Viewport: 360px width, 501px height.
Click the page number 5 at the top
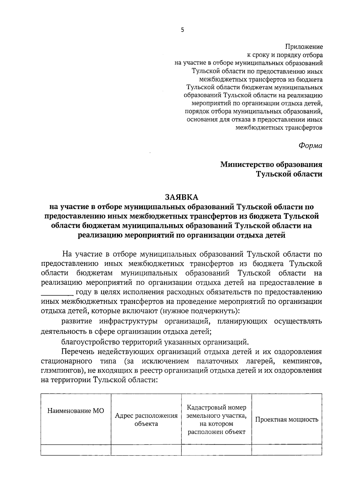pyautogui.click(x=182, y=30)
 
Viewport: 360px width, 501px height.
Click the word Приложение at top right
pyautogui.click(x=304, y=47)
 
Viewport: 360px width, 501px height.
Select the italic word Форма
pyautogui.click(x=310, y=145)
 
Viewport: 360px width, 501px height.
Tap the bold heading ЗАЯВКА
pyautogui.click(x=181, y=197)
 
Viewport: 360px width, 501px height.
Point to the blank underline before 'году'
pyautogui.click(x=57, y=292)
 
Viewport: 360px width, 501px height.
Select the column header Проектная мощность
pyautogui.click(x=286, y=419)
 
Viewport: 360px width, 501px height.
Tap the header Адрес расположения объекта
pyautogui.click(x=146, y=419)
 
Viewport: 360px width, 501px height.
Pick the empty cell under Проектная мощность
pyautogui.click(x=286, y=450)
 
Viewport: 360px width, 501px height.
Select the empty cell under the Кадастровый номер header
pyautogui.click(x=216, y=450)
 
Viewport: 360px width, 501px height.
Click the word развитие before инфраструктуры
pyautogui.click(x=77, y=321)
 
